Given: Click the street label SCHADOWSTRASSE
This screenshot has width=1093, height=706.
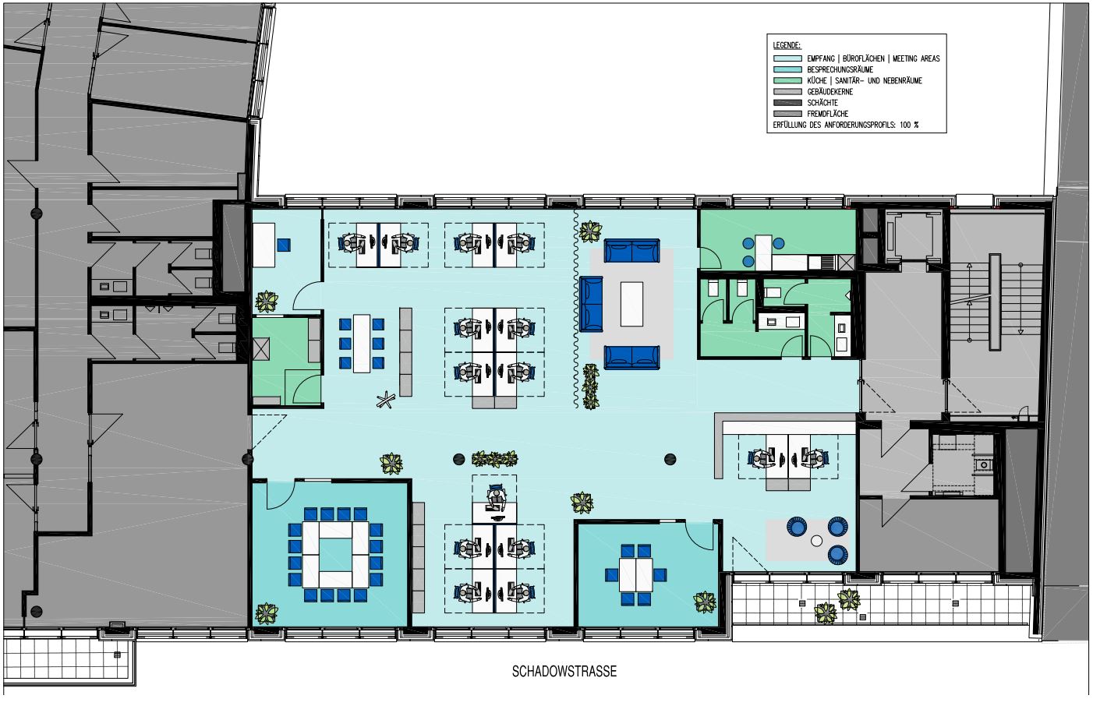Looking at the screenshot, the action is pyautogui.click(x=564, y=672).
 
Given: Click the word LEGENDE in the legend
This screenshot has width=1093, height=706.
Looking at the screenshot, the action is pyautogui.click(x=786, y=45).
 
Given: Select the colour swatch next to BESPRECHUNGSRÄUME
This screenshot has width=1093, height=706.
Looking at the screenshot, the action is pyautogui.click(x=787, y=69).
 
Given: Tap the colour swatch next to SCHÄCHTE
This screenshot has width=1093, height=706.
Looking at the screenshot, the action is pyautogui.click(x=787, y=103).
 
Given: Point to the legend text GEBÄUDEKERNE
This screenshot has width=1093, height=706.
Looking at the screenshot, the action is pyautogui.click(x=830, y=92).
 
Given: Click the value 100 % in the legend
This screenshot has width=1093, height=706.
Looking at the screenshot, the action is pyautogui.click(x=910, y=125).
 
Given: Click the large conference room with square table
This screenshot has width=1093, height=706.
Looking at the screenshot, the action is pyautogui.click(x=331, y=554).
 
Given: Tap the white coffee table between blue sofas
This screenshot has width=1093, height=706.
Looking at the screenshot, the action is pyautogui.click(x=631, y=304).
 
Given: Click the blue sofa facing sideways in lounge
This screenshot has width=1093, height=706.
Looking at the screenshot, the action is pyautogui.click(x=591, y=304).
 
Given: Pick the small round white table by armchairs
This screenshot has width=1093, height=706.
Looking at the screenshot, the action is pyautogui.click(x=816, y=542).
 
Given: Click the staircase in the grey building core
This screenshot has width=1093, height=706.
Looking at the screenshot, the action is pyautogui.click(x=995, y=302).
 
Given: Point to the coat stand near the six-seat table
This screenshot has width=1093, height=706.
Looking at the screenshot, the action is pyautogui.click(x=385, y=401).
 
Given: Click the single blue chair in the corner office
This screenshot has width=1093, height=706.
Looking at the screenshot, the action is pyautogui.click(x=284, y=244).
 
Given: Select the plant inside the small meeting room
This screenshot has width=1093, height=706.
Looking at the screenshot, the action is pyautogui.click(x=705, y=602).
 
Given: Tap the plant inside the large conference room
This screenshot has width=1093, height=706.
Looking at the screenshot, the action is pyautogui.click(x=267, y=613).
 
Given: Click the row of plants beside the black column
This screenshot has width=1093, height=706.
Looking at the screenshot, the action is pyautogui.click(x=494, y=458).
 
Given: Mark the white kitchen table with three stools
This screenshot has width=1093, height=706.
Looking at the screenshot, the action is pyautogui.click(x=764, y=252).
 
